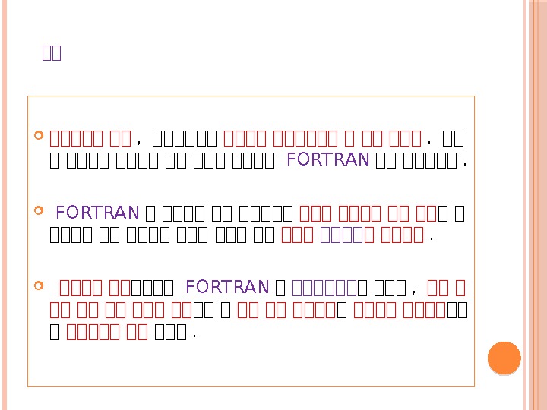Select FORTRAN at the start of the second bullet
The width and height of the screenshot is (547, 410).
[97, 212]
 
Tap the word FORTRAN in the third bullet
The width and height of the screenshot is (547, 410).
[227, 286]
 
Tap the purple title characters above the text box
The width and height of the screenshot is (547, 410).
[52, 53]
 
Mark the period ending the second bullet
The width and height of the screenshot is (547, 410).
[431, 236]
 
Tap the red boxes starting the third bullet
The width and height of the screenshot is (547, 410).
[95, 286]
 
